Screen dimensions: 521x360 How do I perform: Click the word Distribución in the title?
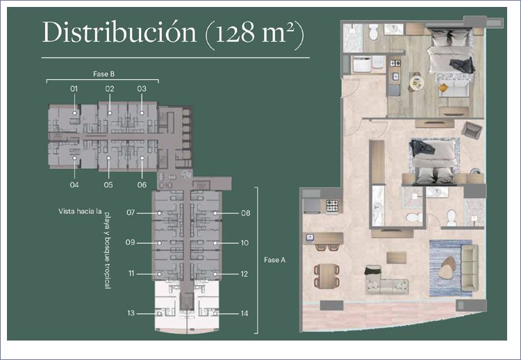point(119,33)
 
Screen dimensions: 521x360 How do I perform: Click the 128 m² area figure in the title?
point(254,33)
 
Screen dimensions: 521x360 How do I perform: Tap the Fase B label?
point(104,74)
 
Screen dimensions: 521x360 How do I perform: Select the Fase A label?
point(275,260)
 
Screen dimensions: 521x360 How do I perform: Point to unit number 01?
point(74,89)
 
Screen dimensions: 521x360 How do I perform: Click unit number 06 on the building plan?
point(142,185)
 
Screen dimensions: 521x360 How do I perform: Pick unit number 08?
point(245,213)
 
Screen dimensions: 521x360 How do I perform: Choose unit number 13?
point(131,313)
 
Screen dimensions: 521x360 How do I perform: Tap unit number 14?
point(245,313)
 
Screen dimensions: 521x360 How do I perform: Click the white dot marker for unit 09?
point(160,243)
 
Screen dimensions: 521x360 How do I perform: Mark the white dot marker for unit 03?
point(142,113)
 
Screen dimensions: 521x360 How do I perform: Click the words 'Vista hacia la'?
point(80,211)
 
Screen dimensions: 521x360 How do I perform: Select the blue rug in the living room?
point(450,268)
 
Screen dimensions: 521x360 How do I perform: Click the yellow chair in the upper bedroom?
point(443,88)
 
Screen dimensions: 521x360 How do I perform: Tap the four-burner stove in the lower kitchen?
point(332,206)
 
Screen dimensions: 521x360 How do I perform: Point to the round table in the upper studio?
point(416,83)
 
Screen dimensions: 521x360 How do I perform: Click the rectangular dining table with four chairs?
point(327,276)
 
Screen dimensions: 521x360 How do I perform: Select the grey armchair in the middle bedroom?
point(472,130)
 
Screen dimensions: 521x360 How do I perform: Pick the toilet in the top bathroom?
point(374,31)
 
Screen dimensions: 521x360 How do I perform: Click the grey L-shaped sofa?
point(386,281)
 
